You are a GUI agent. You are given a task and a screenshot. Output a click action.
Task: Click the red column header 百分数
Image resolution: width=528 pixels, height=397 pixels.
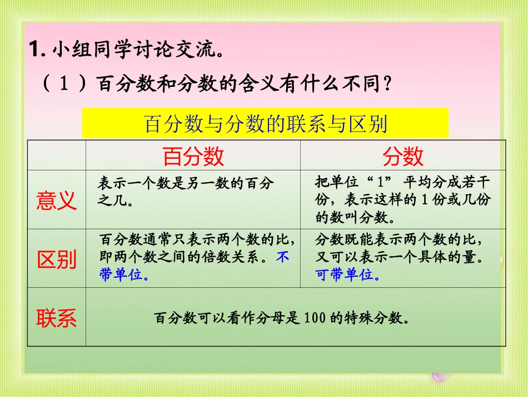pyautogui.click(x=193, y=156)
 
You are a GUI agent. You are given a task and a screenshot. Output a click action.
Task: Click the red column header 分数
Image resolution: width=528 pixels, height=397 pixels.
pyautogui.click(x=402, y=156)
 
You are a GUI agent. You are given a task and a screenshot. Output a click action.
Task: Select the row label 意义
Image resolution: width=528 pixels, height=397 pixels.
pyautogui.click(x=57, y=200)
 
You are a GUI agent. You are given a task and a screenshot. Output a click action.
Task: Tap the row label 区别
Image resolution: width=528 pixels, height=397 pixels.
pyautogui.click(x=57, y=259)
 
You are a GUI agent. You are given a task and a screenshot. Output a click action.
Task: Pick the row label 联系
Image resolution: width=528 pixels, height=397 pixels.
pyautogui.click(x=57, y=318)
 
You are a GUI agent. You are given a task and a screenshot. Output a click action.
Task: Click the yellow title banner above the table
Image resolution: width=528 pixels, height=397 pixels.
pyautogui.click(x=265, y=124)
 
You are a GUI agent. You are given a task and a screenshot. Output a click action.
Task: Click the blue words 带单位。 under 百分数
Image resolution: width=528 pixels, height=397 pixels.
pyautogui.click(x=124, y=275)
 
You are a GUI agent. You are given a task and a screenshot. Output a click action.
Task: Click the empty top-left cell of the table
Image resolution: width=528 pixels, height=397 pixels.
pyautogui.click(x=57, y=155)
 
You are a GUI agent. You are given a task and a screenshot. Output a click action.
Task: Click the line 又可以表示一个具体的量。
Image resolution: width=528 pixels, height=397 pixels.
pyautogui.click(x=399, y=258)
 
